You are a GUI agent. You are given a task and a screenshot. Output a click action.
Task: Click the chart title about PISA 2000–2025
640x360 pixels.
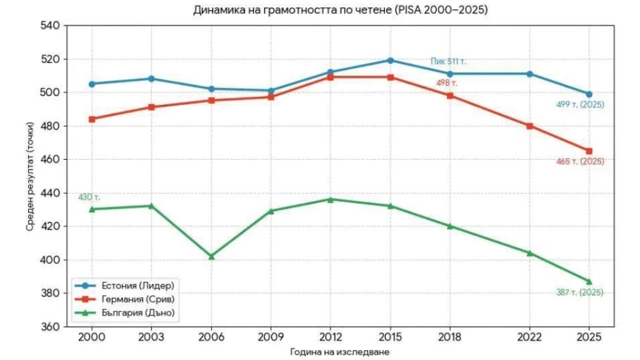tap(340, 10)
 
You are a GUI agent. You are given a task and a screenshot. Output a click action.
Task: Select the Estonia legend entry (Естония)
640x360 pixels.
tap(125, 285)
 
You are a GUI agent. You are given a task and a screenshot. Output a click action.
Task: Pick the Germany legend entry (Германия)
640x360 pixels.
tap(125, 299)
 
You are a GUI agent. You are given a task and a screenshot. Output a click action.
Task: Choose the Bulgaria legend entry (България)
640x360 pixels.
tap(125, 313)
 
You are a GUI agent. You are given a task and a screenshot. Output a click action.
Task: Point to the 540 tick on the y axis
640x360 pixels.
tap(50, 25)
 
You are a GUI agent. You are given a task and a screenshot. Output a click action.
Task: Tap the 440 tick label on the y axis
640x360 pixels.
tap(50, 192)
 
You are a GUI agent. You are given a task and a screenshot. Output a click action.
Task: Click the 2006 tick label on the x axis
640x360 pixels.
tap(211, 337)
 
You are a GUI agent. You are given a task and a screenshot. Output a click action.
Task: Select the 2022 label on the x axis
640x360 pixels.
tap(529, 337)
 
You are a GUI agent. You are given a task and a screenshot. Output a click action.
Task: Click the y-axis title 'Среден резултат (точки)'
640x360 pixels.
tap(30, 176)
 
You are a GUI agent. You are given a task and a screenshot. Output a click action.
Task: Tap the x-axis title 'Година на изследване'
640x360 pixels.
tap(339, 352)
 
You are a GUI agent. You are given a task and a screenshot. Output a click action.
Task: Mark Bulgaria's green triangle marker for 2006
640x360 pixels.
tap(211, 256)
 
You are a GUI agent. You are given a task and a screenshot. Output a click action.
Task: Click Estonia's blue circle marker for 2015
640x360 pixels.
tap(390, 60)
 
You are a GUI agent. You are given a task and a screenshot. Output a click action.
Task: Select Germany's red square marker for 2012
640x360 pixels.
tap(330, 77)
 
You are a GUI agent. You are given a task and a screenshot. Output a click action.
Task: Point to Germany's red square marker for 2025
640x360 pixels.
tap(589, 151)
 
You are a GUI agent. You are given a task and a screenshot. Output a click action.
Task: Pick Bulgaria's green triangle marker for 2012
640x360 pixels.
tap(330, 200)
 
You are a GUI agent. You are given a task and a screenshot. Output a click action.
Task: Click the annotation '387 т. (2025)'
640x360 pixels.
tap(580, 293)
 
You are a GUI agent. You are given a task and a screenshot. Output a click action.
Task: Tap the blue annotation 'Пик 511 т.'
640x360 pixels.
tap(448, 61)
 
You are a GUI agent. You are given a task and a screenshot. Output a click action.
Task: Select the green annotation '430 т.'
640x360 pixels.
tap(89, 197)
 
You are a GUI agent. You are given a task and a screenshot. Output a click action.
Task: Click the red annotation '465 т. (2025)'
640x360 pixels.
tap(580, 161)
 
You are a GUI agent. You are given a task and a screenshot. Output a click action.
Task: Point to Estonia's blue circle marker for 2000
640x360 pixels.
tap(92, 84)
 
